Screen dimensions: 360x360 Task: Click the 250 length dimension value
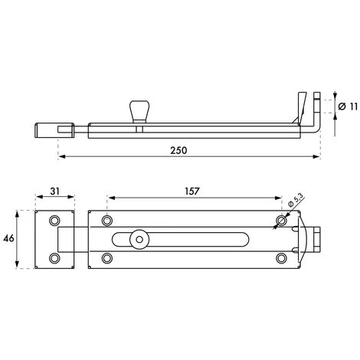pos(178,150)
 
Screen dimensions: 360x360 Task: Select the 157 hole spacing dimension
pos(191,191)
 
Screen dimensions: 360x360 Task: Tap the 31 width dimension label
pos(54,191)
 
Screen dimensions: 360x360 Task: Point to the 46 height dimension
pos(8,239)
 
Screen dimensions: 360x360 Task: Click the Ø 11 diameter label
pos(348,106)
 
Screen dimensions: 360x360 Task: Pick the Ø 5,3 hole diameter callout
pos(296,200)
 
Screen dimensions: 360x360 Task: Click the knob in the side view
pos(139,112)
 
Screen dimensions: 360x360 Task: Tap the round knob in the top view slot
pos(139,240)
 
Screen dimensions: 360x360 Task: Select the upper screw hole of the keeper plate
pos(54,221)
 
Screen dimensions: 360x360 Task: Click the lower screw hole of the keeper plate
pos(54,258)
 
